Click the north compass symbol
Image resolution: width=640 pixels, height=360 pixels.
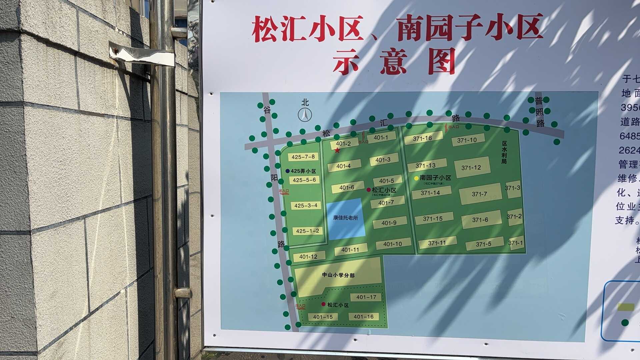[305, 115]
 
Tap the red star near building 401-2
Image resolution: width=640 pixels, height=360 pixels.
[337, 150]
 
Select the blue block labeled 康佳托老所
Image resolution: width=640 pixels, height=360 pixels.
[345, 218]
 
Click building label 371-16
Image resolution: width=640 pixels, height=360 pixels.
[422, 138]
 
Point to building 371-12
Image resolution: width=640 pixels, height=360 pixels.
[471, 167]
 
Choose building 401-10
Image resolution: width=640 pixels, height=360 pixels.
[393, 244]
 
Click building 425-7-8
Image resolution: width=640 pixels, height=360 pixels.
[303, 157]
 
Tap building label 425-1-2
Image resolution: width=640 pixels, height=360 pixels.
[307, 231]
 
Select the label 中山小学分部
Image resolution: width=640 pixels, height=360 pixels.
[338, 275]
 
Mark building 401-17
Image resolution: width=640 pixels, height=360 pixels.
[366, 297]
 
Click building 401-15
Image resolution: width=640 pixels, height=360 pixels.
[323, 317]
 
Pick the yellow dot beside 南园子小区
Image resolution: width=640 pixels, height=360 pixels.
[416, 178]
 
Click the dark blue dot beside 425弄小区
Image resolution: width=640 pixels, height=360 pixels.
[288, 171]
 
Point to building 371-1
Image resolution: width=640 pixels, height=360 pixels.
[515, 243]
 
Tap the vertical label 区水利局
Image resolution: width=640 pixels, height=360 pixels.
[504, 152]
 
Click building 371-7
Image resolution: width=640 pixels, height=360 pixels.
[479, 194]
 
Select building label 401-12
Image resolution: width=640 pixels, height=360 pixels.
[308, 257]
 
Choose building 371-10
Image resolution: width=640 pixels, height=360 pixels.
[467, 140]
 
